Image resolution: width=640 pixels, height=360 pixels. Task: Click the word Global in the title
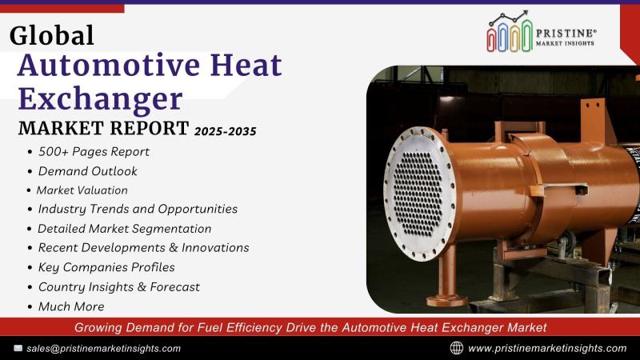[x=52, y=35]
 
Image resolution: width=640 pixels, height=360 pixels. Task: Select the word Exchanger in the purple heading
[x=100, y=99]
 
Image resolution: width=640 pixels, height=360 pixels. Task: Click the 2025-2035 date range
[x=226, y=131]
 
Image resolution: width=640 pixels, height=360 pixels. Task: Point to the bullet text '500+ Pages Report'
[x=94, y=152]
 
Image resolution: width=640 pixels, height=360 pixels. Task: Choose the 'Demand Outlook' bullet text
[x=88, y=171]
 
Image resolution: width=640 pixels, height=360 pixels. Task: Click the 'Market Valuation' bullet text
[x=82, y=190]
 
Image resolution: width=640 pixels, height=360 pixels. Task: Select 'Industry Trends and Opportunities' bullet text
[x=138, y=209]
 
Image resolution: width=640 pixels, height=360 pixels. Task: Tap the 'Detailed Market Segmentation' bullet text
[x=125, y=229]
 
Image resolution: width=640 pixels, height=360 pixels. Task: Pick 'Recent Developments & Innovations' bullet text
[x=144, y=248]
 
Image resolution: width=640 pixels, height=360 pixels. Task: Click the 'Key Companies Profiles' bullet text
[x=106, y=267]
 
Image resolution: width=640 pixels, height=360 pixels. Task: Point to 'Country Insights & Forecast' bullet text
[x=119, y=287]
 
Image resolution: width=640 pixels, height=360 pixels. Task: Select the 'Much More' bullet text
[x=71, y=306]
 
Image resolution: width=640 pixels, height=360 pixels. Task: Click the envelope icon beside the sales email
[x=18, y=348]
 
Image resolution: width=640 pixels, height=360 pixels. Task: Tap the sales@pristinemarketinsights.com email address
[x=104, y=349]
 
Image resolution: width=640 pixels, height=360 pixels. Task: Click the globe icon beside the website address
[x=457, y=348]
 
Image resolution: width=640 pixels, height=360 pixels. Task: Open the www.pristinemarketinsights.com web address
[x=547, y=349]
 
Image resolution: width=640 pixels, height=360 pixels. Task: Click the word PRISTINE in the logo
[x=566, y=34]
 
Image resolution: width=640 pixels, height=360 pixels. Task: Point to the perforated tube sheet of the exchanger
[x=418, y=193]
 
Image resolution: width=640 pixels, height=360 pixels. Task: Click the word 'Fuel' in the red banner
[x=210, y=327]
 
